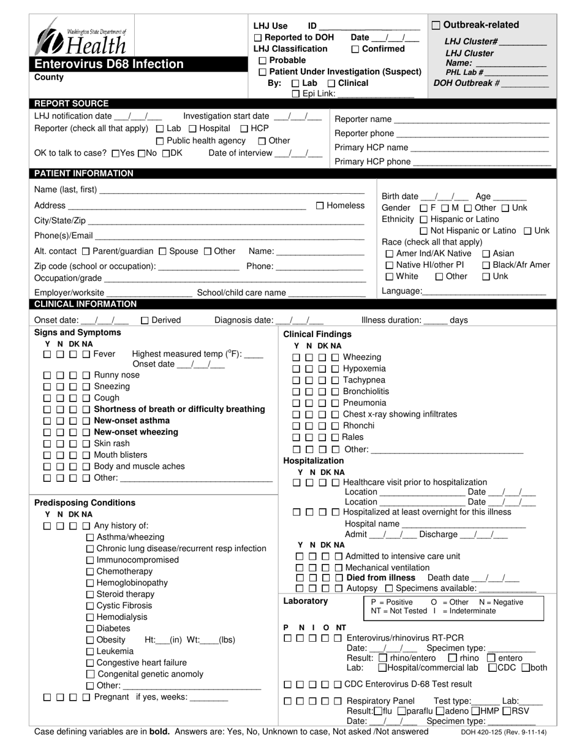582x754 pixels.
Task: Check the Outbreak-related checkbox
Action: point(436,25)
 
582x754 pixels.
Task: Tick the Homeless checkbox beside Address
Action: point(320,206)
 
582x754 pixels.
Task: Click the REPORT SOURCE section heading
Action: point(72,104)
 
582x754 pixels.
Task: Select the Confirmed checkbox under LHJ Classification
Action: point(355,49)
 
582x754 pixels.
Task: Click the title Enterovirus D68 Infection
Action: point(108,64)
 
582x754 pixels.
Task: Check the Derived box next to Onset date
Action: point(145,320)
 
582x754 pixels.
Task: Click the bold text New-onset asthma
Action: point(132,421)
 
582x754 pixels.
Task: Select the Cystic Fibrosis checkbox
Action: point(91,606)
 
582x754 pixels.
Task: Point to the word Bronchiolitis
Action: point(366,392)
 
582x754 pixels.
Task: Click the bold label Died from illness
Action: point(381,578)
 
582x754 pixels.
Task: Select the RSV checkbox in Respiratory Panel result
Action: point(507,711)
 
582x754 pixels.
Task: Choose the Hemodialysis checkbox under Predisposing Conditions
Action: point(91,617)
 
